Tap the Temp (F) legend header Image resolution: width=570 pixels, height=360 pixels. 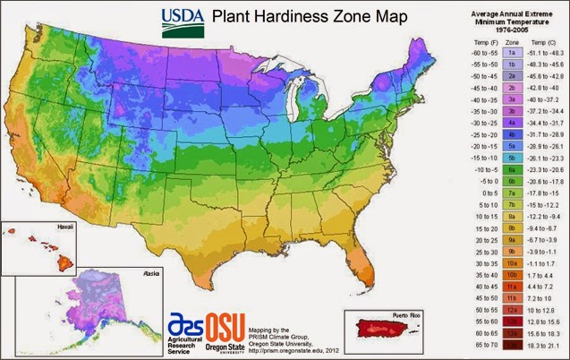(474, 41)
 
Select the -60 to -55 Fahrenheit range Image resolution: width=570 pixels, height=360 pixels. (474, 53)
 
